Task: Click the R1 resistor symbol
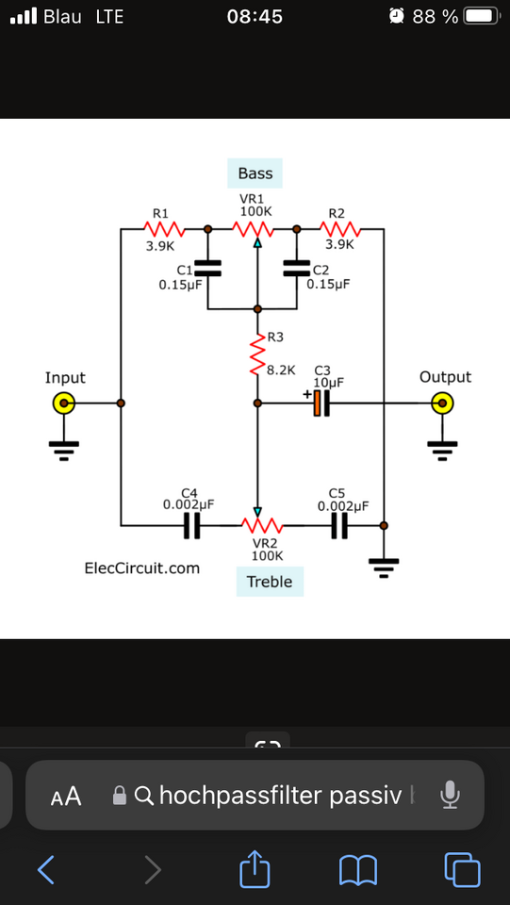(x=164, y=229)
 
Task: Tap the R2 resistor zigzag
(x=340, y=229)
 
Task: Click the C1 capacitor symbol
(x=207, y=268)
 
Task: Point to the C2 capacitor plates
(x=297, y=268)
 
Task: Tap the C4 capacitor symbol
(x=192, y=526)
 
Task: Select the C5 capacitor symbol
(x=339, y=526)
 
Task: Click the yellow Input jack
(x=63, y=403)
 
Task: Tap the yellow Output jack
(x=442, y=403)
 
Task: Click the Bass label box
(x=255, y=173)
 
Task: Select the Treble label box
(x=270, y=582)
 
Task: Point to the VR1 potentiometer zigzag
(x=253, y=229)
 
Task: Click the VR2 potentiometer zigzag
(x=261, y=525)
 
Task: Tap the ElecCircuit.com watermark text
(x=142, y=568)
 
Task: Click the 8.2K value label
(x=281, y=370)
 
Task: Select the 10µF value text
(x=328, y=382)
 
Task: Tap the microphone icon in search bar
(x=450, y=796)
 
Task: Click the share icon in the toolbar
(x=255, y=868)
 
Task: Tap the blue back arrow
(x=46, y=869)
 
